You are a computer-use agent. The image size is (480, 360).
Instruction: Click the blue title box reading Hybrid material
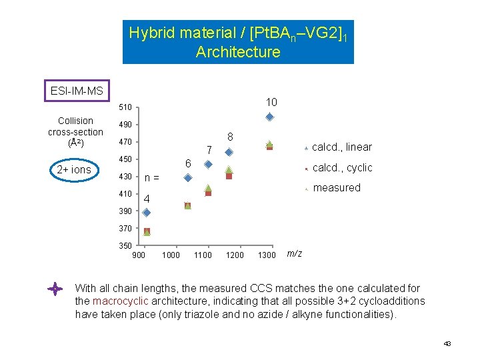pos(238,42)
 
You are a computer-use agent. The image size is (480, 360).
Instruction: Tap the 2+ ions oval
pos(74,169)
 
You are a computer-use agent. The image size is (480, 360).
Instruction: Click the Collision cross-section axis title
pos(75,131)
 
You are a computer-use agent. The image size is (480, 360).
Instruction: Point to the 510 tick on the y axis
pos(125,107)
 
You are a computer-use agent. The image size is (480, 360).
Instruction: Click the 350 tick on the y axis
pos(125,245)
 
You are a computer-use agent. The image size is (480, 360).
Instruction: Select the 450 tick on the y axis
pos(125,159)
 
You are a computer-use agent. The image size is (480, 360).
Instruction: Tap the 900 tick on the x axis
pos(139,255)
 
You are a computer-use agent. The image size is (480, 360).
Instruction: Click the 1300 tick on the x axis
pos(267,255)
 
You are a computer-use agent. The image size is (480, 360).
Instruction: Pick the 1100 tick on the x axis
pos(203,255)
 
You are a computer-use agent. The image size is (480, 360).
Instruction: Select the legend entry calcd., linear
pos(341,147)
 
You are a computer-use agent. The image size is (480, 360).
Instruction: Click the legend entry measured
pos(336,188)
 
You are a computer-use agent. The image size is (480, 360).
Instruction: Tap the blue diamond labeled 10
pos(269,117)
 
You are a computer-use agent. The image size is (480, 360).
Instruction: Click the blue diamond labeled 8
pos(229,152)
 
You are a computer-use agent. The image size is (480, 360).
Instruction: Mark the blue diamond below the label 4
pos(147,213)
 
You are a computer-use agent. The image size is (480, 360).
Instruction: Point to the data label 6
pos(188,164)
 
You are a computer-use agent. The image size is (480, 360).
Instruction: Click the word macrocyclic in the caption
pos(118,301)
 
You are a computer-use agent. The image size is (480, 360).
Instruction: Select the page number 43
pos(447,343)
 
